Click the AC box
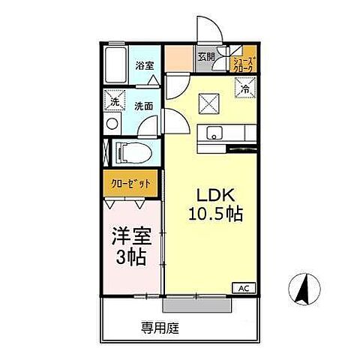(x=244, y=287)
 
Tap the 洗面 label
(x=144, y=106)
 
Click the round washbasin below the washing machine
(x=112, y=123)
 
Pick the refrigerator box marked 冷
(x=244, y=89)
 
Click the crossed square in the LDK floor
(x=208, y=104)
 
